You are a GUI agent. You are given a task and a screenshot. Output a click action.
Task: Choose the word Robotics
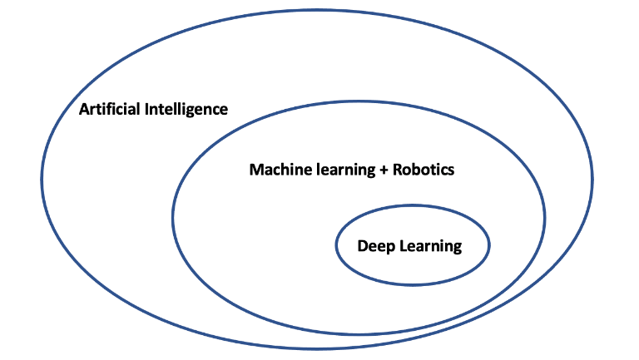pyautogui.click(x=424, y=170)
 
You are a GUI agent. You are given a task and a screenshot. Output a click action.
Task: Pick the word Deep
pyautogui.click(x=374, y=246)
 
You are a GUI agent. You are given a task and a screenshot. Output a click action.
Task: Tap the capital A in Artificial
pyautogui.click(x=83, y=109)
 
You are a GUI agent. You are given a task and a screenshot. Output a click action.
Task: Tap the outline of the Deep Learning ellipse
pyautogui.click(x=335, y=246)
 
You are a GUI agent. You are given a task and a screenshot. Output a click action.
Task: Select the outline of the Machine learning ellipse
pyautogui.click(x=173, y=218)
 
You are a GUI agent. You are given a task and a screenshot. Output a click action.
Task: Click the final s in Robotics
pyautogui.click(x=451, y=170)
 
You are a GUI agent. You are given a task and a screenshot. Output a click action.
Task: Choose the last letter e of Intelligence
pyautogui.click(x=223, y=110)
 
